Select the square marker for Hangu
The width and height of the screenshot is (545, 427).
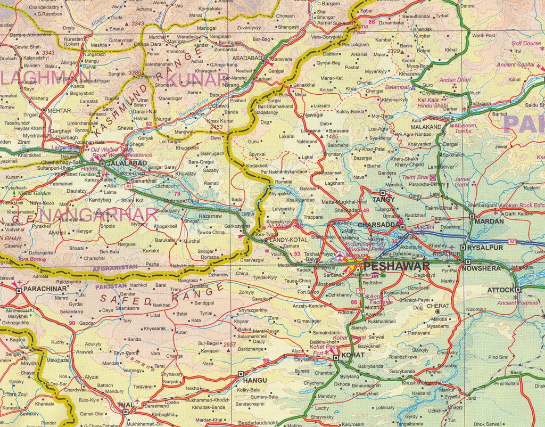click(241, 374)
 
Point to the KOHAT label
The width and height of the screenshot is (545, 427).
click(353, 355)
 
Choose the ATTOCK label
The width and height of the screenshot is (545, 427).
click(500, 290)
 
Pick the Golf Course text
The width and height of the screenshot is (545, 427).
click(526, 43)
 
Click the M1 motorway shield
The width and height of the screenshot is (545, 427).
click(513, 242)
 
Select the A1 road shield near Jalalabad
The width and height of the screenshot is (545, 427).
click(129, 186)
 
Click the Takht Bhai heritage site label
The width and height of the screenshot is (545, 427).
click(415, 177)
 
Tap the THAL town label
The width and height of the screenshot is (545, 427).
click(125, 405)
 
